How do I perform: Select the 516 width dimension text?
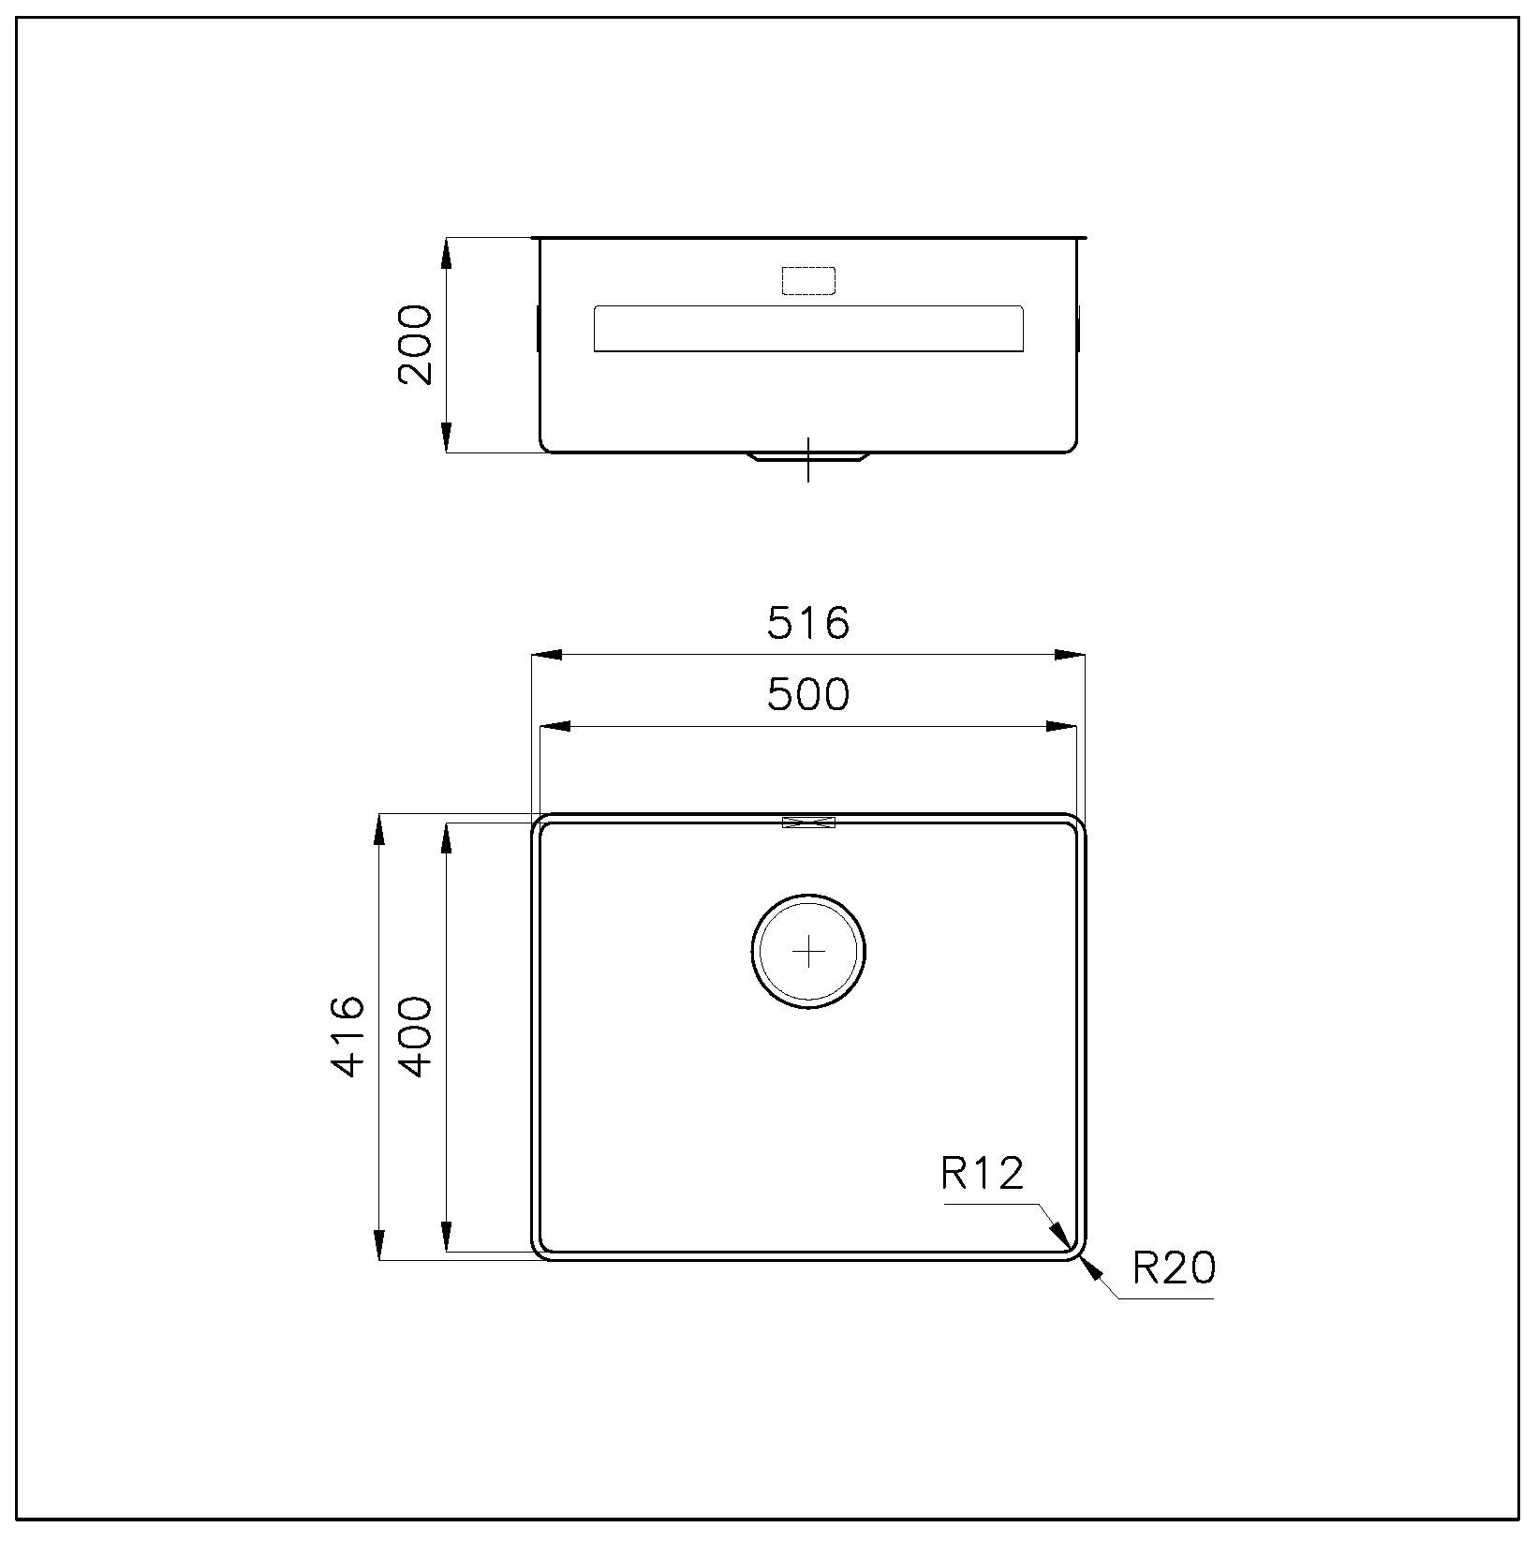(808, 623)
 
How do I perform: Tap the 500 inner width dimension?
(808, 694)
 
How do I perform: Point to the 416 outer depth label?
(348, 1036)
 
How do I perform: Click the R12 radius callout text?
(983, 1173)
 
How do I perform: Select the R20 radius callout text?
(1174, 1268)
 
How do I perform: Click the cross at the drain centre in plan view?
(807, 952)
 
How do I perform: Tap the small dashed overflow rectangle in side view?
(807, 280)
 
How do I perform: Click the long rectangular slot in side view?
(808, 329)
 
